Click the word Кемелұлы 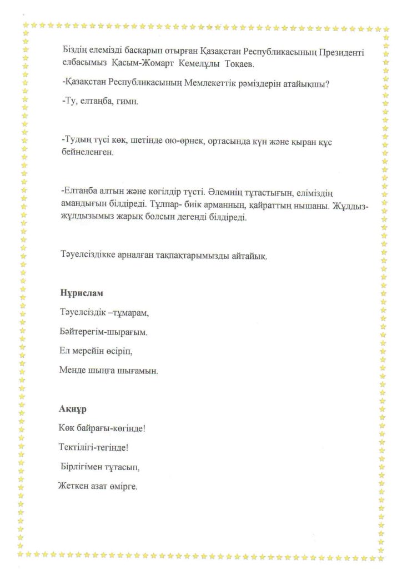tap(195, 64)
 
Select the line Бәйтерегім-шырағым tap(104, 332)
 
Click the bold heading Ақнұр tap(72, 409)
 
